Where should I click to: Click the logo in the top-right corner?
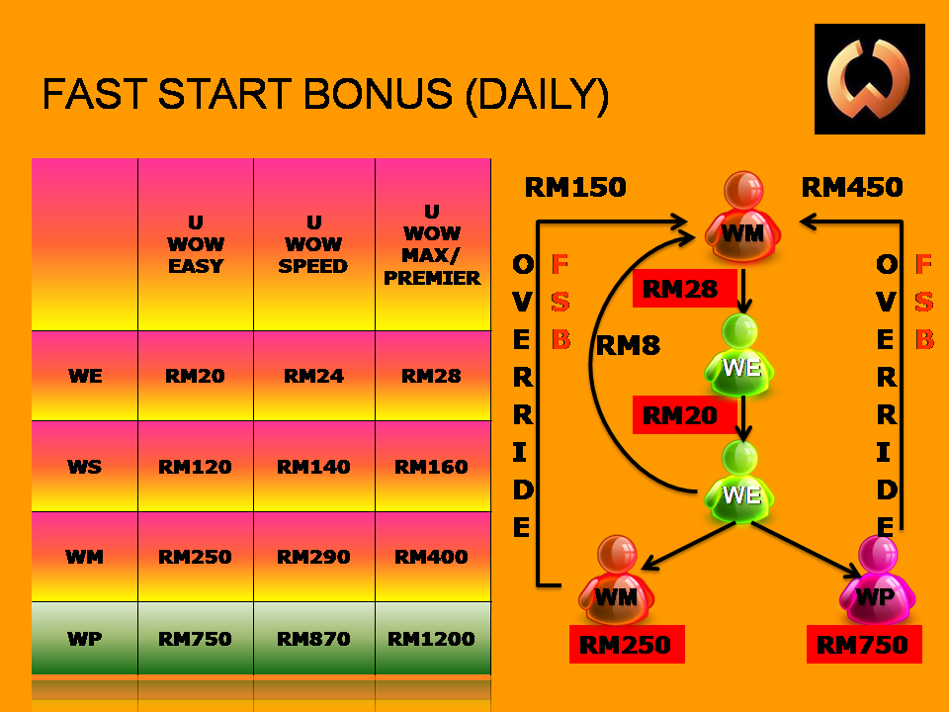pyautogui.click(x=869, y=79)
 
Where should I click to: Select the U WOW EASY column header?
pyautogui.click(x=196, y=244)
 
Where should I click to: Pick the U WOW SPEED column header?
pyautogui.click(x=313, y=244)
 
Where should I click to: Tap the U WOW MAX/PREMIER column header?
pyautogui.click(x=432, y=244)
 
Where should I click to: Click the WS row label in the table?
pyautogui.click(x=84, y=467)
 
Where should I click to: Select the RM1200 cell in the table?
pyautogui.click(x=432, y=639)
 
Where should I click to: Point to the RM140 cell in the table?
pyautogui.click(x=313, y=467)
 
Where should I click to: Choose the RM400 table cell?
pyautogui.click(x=432, y=557)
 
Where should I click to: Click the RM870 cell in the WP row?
pyautogui.click(x=313, y=639)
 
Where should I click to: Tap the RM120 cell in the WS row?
pyautogui.click(x=196, y=467)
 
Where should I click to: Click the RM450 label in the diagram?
pyautogui.click(x=851, y=187)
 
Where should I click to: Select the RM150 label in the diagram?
pyautogui.click(x=574, y=187)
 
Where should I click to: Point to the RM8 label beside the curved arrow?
pyautogui.click(x=628, y=346)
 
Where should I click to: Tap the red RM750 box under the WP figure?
pyautogui.click(x=863, y=646)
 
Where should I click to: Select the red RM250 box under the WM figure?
pyautogui.click(x=625, y=646)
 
